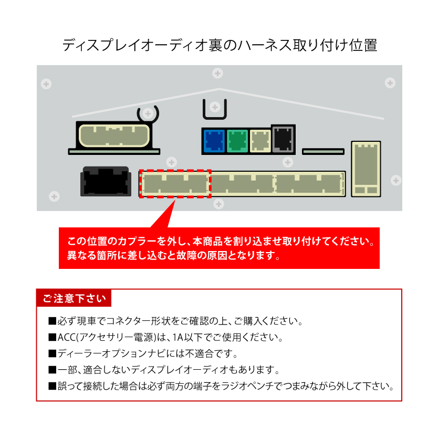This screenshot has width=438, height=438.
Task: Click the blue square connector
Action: (x=213, y=141)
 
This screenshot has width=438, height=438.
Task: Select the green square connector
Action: (x=237, y=141)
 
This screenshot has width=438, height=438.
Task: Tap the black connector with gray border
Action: (x=283, y=138)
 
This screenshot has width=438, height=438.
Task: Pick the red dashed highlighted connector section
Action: (x=175, y=183)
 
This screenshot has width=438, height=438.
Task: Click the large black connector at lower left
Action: (x=106, y=181)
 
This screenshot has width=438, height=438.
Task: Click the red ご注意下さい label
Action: (x=74, y=298)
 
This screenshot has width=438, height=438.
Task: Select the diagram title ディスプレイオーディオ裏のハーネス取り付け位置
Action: (x=219, y=45)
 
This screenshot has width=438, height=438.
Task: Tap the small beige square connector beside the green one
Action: (x=259, y=141)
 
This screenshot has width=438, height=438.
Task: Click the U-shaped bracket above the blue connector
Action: (x=214, y=109)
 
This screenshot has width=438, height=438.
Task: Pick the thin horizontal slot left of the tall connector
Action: (x=324, y=152)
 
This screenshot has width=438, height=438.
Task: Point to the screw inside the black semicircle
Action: (x=148, y=113)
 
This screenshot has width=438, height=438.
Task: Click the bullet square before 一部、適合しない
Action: (x=51, y=370)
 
